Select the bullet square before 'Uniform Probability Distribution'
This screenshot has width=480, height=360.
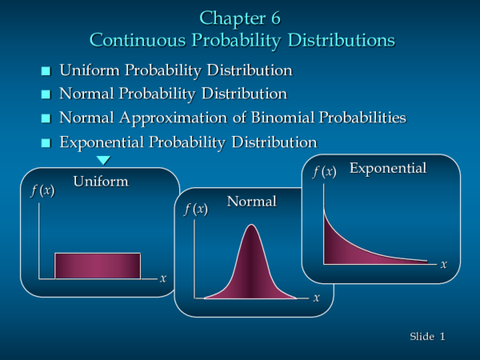(x=45, y=72)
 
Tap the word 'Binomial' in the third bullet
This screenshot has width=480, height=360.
(x=282, y=118)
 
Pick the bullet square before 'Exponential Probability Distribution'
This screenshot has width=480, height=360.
(x=45, y=143)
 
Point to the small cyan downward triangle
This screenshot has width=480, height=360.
(x=102, y=161)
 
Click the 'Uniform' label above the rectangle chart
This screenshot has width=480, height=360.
(x=101, y=182)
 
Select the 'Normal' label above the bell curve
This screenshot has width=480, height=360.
(x=251, y=202)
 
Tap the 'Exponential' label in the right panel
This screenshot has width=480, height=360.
(x=388, y=169)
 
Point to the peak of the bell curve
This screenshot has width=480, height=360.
(x=251, y=226)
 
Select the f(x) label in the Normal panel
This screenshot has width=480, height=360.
(x=196, y=210)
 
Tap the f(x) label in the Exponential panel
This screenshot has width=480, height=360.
(x=324, y=171)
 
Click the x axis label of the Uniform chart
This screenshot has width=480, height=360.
(x=163, y=278)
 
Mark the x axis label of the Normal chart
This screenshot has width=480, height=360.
(x=317, y=298)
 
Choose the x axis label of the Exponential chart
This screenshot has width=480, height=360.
(x=444, y=264)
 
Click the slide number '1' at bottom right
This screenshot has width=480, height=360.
(x=442, y=337)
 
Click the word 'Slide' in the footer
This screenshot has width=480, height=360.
(x=422, y=337)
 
